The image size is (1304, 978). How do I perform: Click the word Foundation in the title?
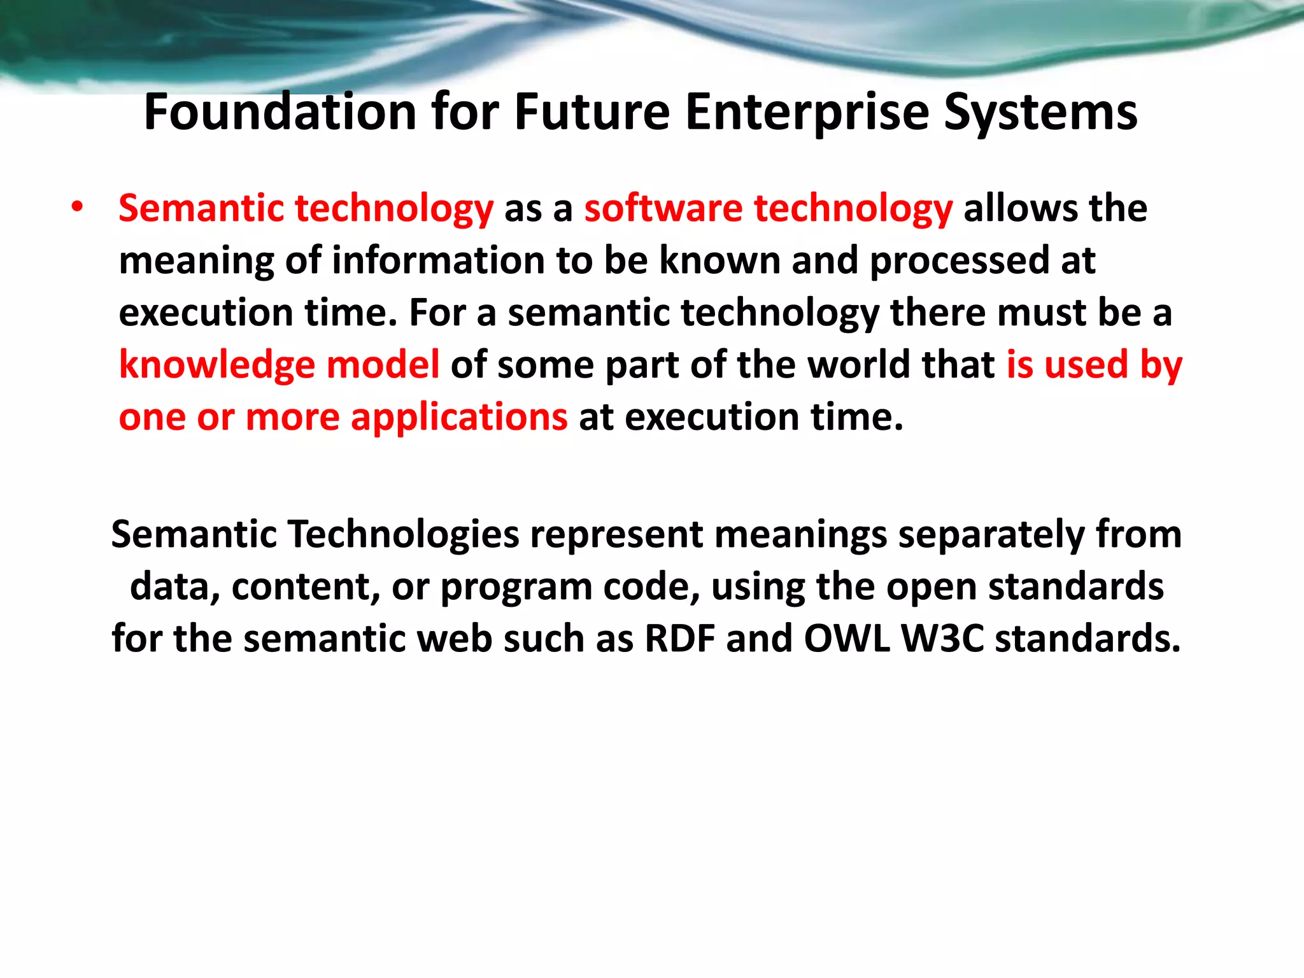point(280,112)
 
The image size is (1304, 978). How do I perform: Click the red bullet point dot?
point(77,208)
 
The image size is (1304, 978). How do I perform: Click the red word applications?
point(458,418)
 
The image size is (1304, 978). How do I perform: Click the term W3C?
point(943,639)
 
